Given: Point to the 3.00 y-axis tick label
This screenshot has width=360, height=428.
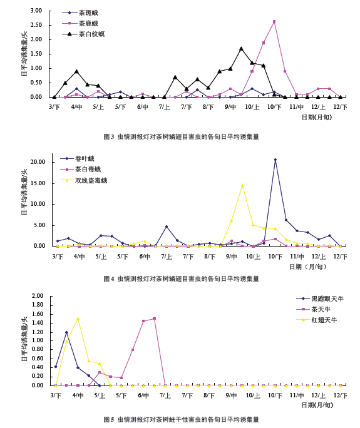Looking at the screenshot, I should [36, 11].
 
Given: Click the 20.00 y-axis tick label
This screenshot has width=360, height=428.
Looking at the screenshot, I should [39, 162].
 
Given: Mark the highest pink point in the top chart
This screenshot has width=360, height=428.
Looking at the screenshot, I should [274, 22].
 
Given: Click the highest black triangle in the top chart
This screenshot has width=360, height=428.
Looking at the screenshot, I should [241, 49].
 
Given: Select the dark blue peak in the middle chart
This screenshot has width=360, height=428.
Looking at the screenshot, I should [275, 160].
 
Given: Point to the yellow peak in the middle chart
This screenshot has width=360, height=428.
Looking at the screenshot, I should [242, 185].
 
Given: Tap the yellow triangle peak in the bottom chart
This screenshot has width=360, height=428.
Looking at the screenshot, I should [78, 318].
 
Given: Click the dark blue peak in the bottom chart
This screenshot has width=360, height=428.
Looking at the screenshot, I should [66, 332].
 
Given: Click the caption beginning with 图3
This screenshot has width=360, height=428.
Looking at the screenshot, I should [181, 136].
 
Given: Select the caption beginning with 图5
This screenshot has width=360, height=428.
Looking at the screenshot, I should [181, 419].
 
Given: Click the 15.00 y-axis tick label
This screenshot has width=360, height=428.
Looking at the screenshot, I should [39, 183].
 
